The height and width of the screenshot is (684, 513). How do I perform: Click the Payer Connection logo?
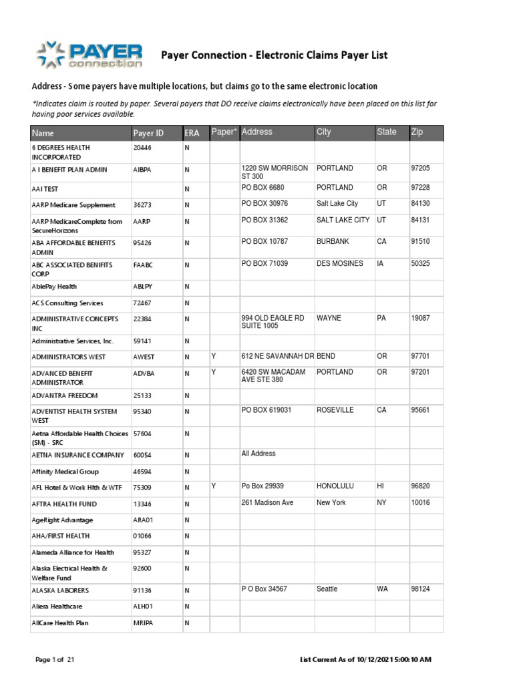click(x=90, y=55)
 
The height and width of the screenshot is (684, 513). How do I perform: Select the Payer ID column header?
click(x=148, y=133)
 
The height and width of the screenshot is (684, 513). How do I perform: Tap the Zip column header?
click(x=417, y=132)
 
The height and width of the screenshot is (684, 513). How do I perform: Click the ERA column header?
click(x=192, y=133)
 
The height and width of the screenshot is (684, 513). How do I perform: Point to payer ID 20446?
click(x=142, y=147)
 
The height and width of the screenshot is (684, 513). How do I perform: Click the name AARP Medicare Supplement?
click(x=73, y=205)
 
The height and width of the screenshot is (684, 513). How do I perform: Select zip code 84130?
click(x=420, y=204)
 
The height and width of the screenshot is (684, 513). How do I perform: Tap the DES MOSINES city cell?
click(x=340, y=264)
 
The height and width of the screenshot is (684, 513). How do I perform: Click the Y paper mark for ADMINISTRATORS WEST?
click(x=214, y=355)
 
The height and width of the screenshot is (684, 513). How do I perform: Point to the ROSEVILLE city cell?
click(x=335, y=410)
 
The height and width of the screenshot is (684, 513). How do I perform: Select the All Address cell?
click(x=259, y=454)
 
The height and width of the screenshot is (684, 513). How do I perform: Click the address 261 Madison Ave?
click(x=267, y=502)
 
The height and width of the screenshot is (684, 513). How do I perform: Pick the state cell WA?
click(x=382, y=589)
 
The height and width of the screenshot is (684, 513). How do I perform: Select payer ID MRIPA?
click(x=144, y=623)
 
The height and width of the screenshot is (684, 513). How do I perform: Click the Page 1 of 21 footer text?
click(x=55, y=660)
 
